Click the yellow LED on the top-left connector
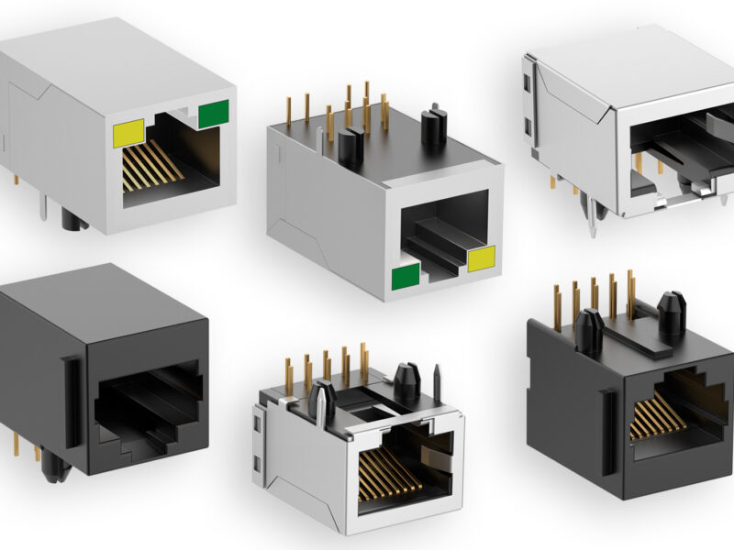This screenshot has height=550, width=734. pos(128,133)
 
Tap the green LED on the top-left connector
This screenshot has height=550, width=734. pos(213,114)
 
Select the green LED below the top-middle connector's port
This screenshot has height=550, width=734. pos(406,276)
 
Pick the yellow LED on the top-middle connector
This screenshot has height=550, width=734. pos(481,259)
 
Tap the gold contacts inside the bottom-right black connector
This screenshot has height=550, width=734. pos(658,417)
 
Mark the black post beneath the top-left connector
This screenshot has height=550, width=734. pos(72,220)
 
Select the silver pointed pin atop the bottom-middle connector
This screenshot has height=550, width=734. pos(437,383)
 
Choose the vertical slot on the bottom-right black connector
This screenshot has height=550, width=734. pos(606,431)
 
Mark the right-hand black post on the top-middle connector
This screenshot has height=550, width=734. pos(433,126)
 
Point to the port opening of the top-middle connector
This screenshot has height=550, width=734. pos(445,236)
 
